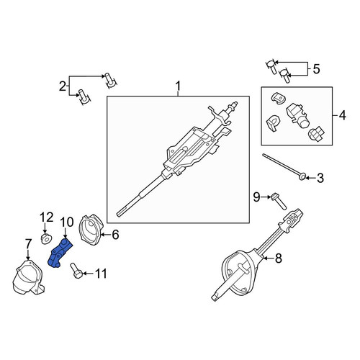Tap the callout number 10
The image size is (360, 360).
pyautogui.click(x=67, y=222)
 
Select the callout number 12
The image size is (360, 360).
pyautogui.click(x=46, y=217)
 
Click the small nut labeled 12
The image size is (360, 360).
pyautogui.click(x=46, y=239)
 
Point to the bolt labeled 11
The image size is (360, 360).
pyautogui.click(x=76, y=271)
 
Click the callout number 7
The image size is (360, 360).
pyautogui.click(x=28, y=244)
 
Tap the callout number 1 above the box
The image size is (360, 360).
pyautogui.click(x=178, y=86)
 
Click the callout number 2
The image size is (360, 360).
pyautogui.click(x=63, y=86)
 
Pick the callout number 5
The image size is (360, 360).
pyautogui.click(x=316, y=69)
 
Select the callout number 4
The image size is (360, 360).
pyautogui.click(x=342, y=115)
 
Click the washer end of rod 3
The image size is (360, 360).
pyautogui.click(x=302, y=177)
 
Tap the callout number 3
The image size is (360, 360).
pyautogui.click(x=320, y=178)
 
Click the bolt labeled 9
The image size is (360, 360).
pyautogui.click(x=279, y=201)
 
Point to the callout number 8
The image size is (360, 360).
pyautogui.click(x=278, y=258)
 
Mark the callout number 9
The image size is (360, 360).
pyautogui.click(x=256, y=197)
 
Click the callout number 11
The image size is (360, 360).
pyautogui.click(x=101, y=274)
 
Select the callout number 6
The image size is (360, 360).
pyautogui.click(x=115, y=235)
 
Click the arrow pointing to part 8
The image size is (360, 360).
pyautogui.click(x=268, y=258)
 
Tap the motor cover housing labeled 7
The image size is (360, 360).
pyautogui.click(x=27, y=277)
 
